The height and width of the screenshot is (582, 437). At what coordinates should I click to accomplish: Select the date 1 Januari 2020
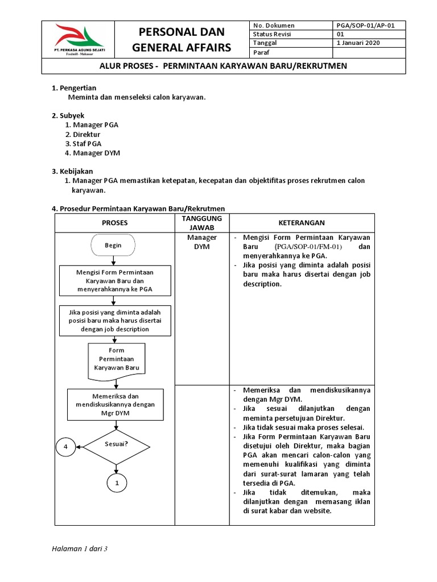pos(358,43)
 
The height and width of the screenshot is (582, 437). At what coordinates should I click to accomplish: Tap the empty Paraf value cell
pos(370,52)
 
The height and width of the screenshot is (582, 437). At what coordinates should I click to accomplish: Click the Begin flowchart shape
pos(113,246)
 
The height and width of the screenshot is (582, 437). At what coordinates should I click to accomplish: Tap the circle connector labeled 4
pos(65,447)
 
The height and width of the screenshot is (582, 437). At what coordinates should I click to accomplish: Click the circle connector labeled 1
pos(116,483)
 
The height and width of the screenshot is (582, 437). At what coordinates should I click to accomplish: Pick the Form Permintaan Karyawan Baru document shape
pos(116,360)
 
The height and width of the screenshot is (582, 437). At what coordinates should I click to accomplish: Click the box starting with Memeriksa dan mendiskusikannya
pos(116,404)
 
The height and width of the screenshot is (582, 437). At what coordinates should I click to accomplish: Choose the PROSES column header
pos(115,223)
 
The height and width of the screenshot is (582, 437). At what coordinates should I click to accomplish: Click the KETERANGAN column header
pos(302,223)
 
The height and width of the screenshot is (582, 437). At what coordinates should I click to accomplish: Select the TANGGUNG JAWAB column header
pos(201,223)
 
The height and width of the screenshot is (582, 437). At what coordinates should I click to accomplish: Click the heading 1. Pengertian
pos(74,88)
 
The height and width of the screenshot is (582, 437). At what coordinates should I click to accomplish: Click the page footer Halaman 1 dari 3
pos(80,549)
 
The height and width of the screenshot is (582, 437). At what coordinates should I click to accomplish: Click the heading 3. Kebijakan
pos(72,171)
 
